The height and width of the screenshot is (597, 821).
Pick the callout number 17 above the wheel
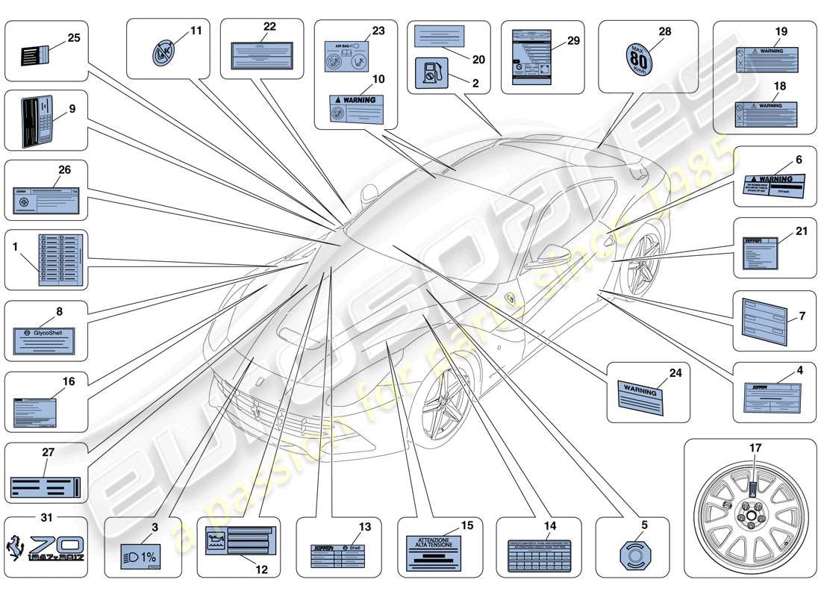755,448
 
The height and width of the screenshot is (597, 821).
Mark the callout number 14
550,525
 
